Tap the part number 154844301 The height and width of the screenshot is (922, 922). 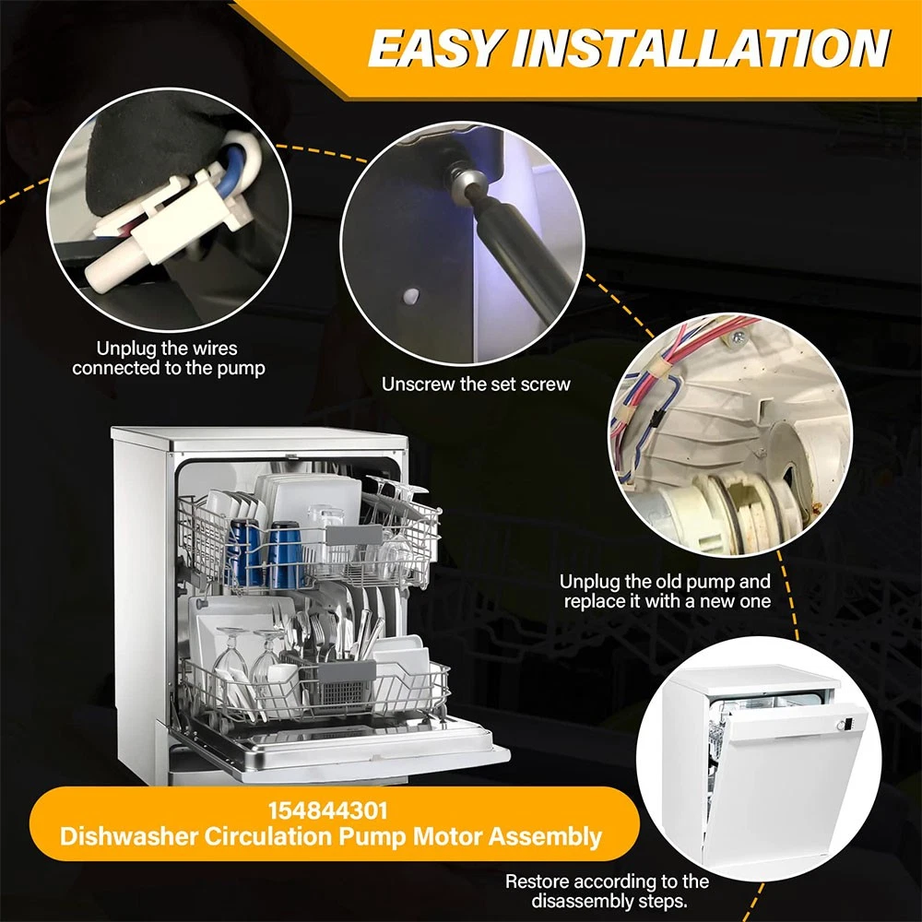[328, 811]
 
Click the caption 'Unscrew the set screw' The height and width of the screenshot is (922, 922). [476, 384]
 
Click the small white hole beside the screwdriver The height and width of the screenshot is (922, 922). [411, 296]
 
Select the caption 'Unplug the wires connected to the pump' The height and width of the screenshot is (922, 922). [168, 358]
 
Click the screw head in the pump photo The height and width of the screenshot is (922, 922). [739, 337]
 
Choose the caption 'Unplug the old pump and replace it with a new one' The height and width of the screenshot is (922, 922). [665, 591]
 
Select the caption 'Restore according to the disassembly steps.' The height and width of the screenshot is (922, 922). [607, 891]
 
